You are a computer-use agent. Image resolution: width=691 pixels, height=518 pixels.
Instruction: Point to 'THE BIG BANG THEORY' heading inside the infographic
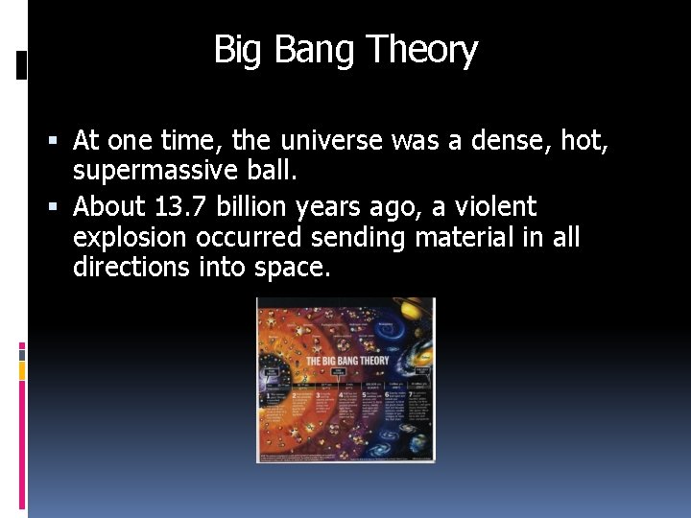point(346,362)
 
